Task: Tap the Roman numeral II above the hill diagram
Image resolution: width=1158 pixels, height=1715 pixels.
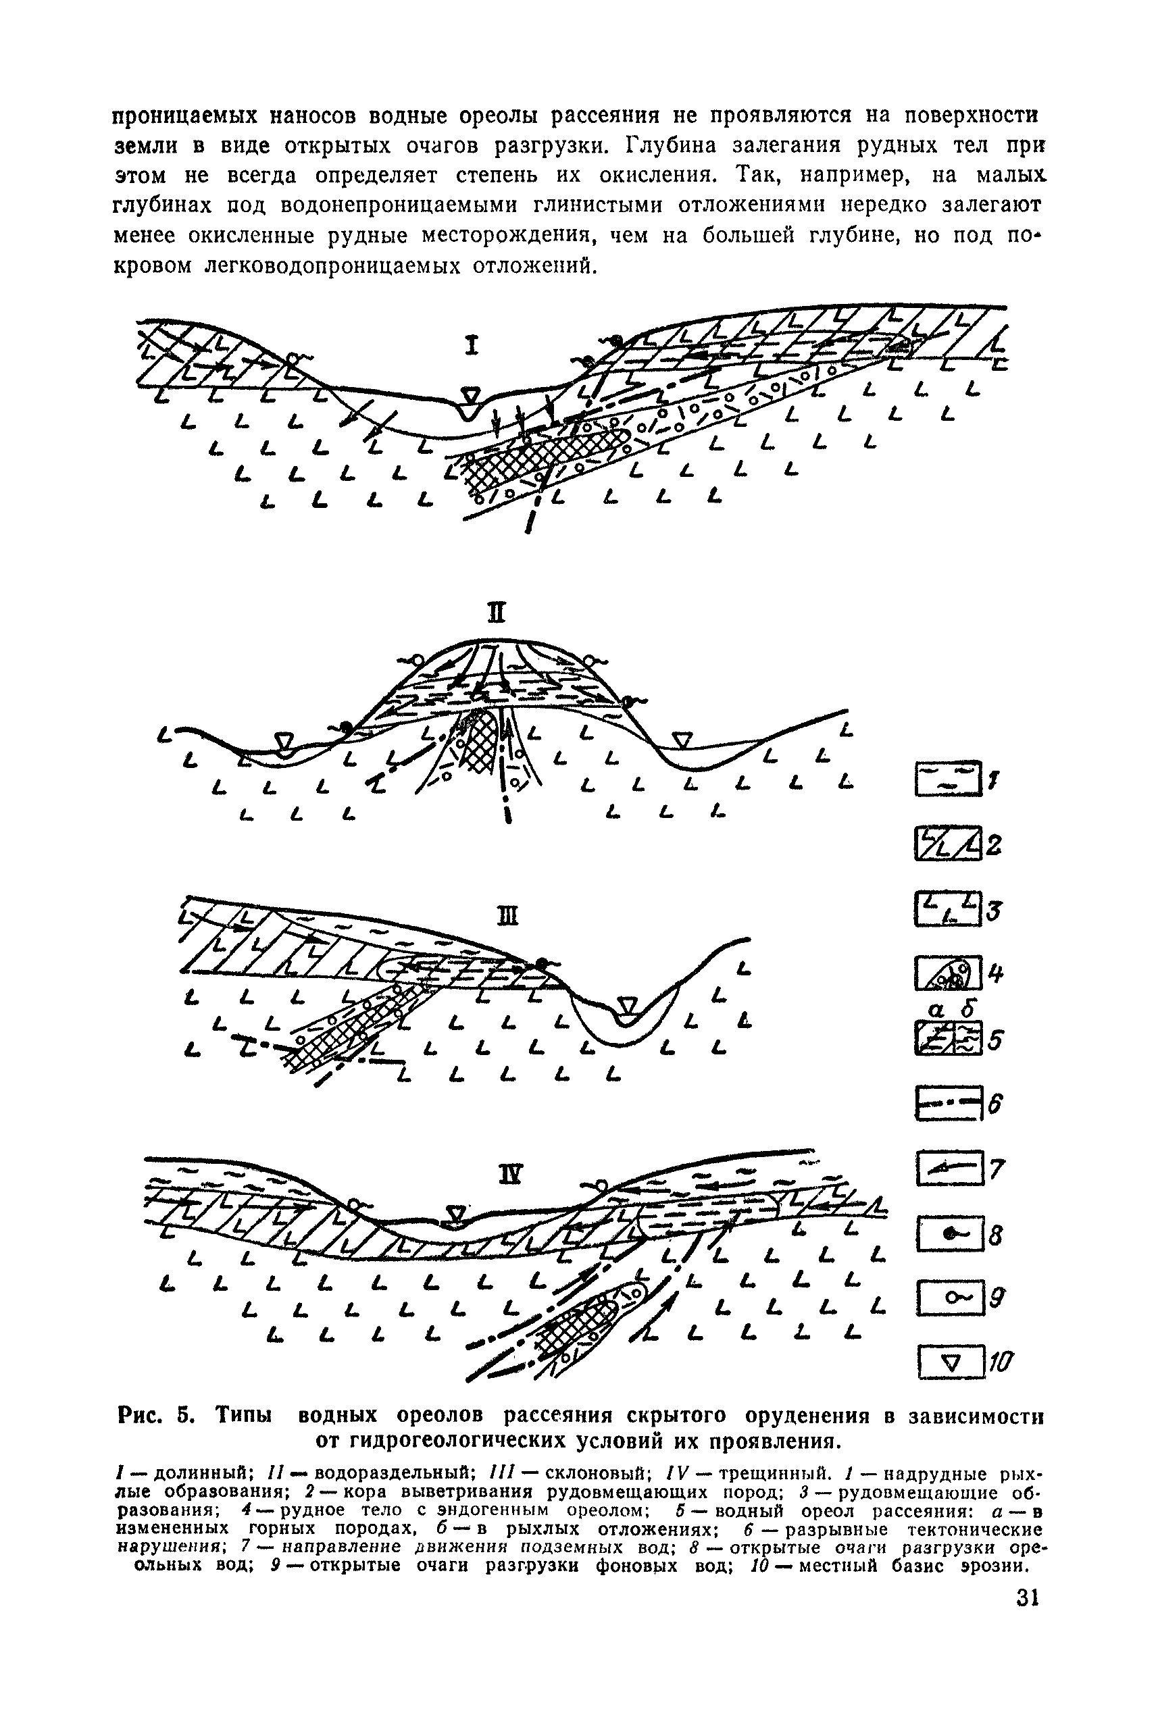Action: pyautogui.click(x=498, y=613)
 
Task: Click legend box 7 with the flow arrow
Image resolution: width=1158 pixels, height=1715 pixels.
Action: pyautogui.click(x=949, y=1168)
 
